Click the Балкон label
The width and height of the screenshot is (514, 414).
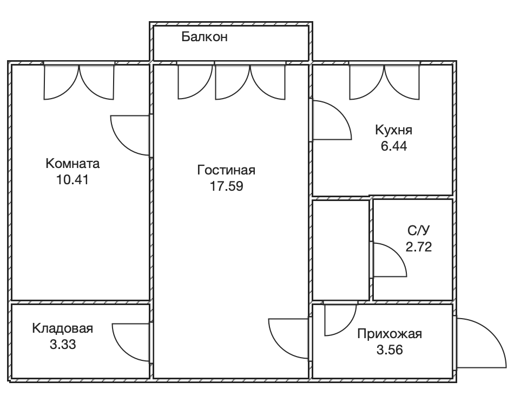204,37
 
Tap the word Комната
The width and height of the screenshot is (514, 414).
73,164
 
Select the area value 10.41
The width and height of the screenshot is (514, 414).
73,180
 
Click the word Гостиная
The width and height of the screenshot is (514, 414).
226,170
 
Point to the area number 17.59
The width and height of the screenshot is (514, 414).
226,186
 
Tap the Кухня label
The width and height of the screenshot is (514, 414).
394,130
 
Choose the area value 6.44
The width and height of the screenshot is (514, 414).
394,146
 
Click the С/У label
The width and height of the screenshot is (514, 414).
419,230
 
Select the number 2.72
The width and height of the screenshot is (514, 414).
419,247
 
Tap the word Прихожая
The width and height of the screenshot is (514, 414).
390,334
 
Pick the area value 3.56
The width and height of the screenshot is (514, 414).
390,350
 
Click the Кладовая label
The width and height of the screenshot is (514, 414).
63,328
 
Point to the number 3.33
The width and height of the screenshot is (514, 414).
63,345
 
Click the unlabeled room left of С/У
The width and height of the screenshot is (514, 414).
340,250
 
